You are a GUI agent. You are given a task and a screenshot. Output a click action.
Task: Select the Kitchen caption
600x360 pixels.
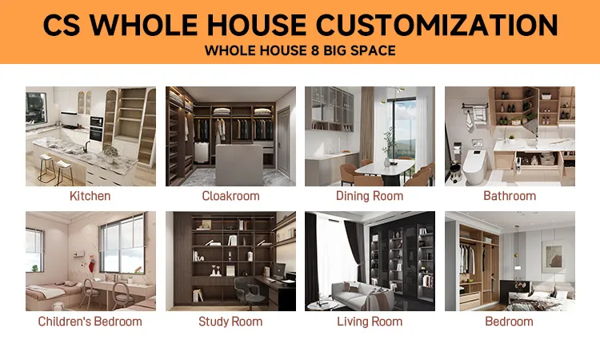click(x=90, y=196)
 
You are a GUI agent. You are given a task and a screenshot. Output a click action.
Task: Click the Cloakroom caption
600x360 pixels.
click(x=230, y=196)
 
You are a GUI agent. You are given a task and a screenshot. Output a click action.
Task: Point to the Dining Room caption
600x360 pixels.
click(x=370, y=196)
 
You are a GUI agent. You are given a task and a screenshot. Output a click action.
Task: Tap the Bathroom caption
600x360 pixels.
click(x=510, y=196)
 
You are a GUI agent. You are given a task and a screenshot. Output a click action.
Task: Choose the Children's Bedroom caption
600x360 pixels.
click(x=90, y=322)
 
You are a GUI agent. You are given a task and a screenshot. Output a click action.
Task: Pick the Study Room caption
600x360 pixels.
click(x=230, y=322)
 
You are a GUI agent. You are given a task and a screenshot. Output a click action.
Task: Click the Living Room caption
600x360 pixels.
click(x=370, y=322)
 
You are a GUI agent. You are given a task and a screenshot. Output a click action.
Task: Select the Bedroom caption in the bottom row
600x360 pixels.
click(x=510, y=322)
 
